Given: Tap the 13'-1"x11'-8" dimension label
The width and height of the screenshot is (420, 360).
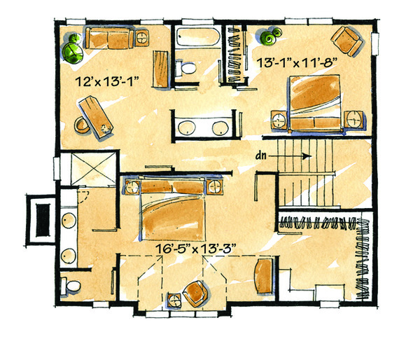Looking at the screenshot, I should tap(298, 61).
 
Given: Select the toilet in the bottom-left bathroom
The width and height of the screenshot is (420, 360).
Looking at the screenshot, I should tap(72, 286).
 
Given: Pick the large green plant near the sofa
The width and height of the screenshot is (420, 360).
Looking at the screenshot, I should tap(72, 50).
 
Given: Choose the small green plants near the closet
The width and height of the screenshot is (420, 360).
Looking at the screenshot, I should tap(270, 33).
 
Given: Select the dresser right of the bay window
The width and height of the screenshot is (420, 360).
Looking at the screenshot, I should tap(265, 277).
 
